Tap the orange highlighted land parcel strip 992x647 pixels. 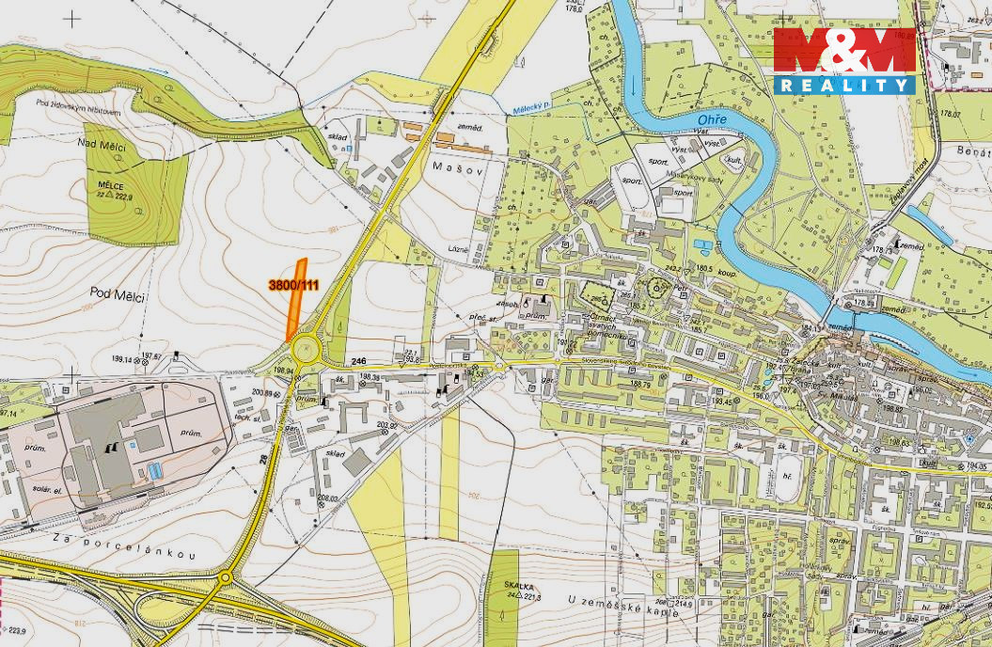coord(297,299)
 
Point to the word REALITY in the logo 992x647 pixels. coord(844,85)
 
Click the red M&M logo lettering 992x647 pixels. coord(843,52)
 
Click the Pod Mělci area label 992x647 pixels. coord(118,295)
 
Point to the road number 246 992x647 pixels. coord(357,361)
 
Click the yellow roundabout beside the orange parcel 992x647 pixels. coord(306,351)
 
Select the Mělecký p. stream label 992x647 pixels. coord(532,107)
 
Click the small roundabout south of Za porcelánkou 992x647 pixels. coord(226,578)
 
